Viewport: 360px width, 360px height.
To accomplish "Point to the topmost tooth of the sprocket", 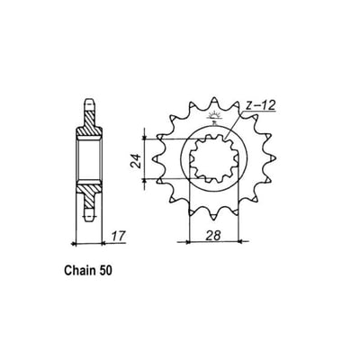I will click(215, 102).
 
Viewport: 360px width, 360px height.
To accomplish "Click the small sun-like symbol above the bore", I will click(215, 118).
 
